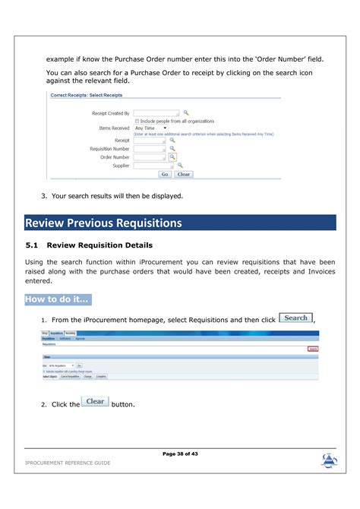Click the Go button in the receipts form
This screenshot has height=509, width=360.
[164, 174]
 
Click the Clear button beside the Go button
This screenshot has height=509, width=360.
[183, 174]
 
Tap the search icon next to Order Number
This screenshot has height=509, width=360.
[172, 156]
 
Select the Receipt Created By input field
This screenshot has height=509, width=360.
[156, 112]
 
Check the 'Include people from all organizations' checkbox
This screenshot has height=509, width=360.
[137, 121]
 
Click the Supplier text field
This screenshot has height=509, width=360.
[150, 165]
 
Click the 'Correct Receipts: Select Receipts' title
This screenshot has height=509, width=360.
[87, 96]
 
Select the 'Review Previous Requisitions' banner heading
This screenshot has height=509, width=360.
[104, 223]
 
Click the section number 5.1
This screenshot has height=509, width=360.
[32, 245]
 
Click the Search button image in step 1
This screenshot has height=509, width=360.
[295, 318]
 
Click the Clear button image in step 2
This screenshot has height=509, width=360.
[96, 402]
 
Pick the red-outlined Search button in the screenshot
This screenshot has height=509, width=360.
[312, 349]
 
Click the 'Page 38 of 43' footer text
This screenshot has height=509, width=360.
[179, 454]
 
